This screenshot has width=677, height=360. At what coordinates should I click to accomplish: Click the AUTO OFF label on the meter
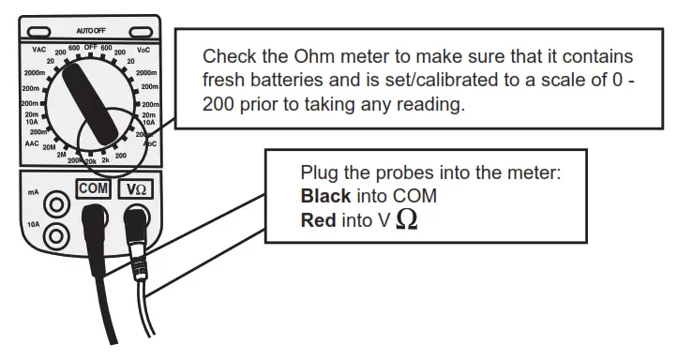point(90,32)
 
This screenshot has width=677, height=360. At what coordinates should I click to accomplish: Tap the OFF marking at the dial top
point(91,46)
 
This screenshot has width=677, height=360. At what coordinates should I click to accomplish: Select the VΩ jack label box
point(137,189)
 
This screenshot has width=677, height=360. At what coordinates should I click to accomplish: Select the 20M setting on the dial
point(49,148)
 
